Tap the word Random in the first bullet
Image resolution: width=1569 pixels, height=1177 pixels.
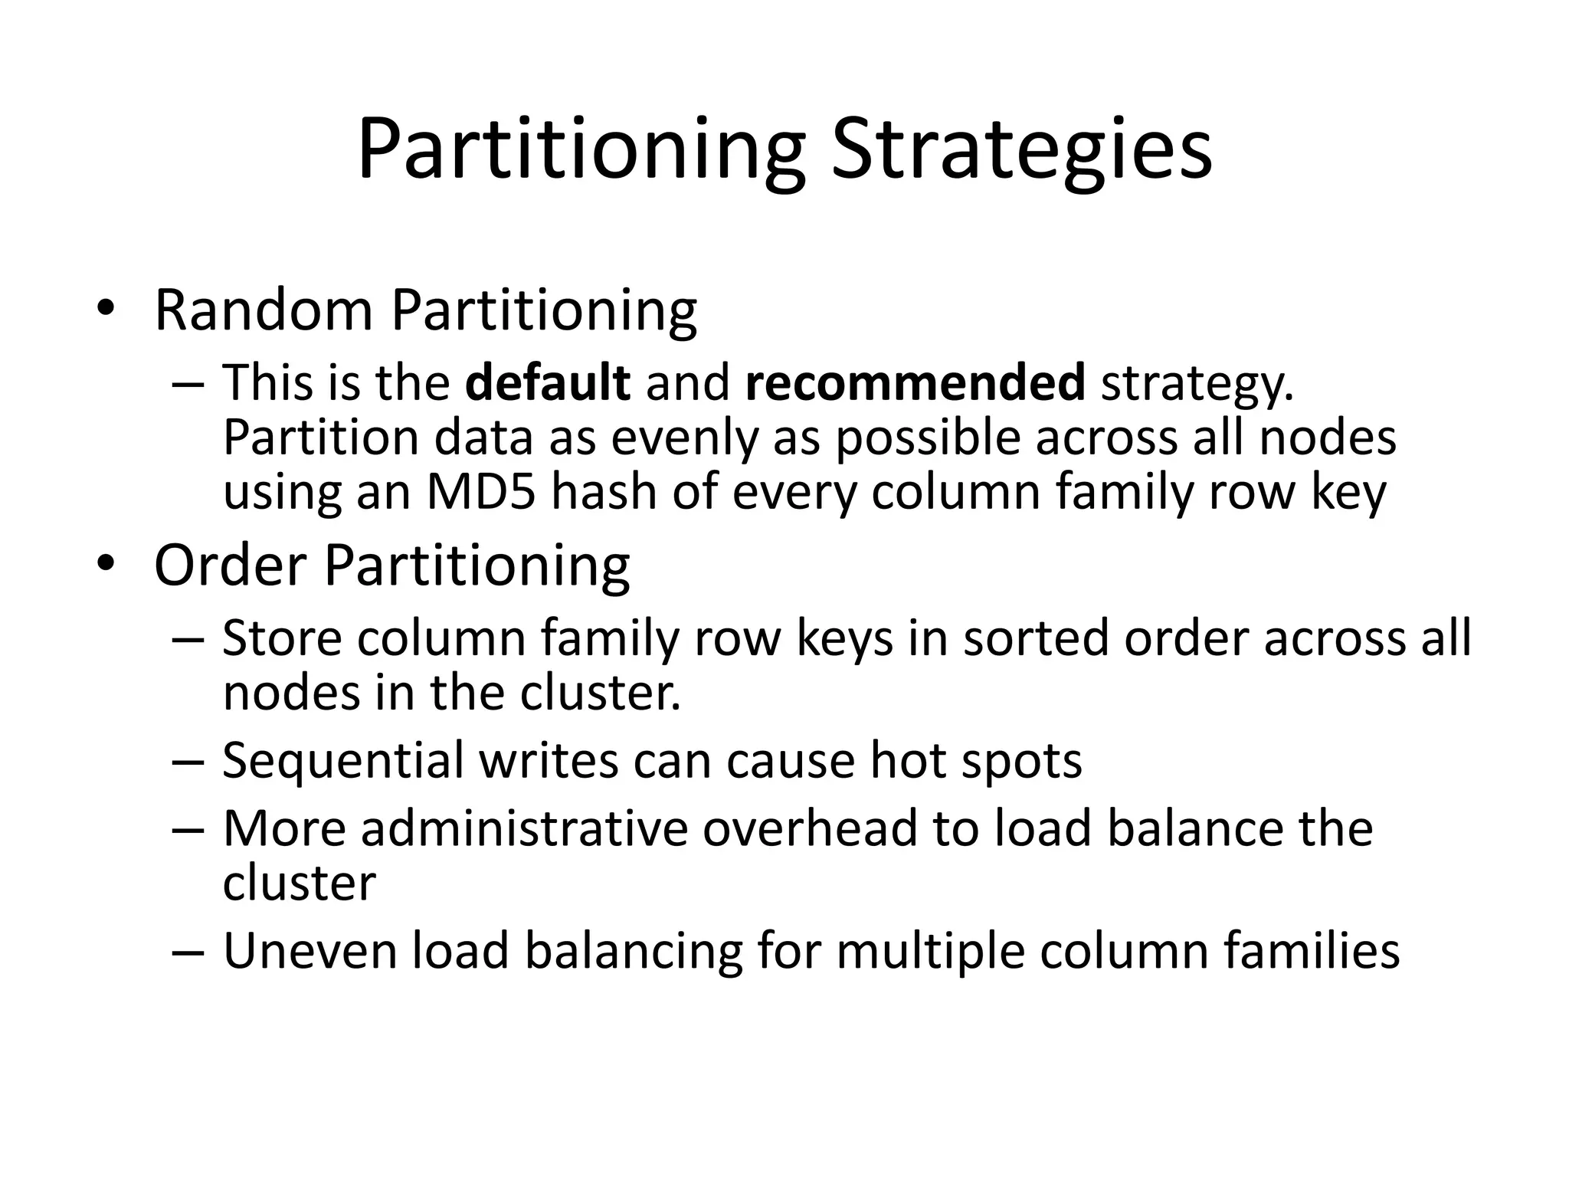264,310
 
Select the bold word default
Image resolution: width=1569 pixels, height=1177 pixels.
547,382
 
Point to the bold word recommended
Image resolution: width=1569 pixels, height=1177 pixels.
915,382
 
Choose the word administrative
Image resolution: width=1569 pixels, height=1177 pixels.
523,829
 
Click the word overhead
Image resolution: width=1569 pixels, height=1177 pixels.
811,829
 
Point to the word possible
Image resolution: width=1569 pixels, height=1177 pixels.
928,438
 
